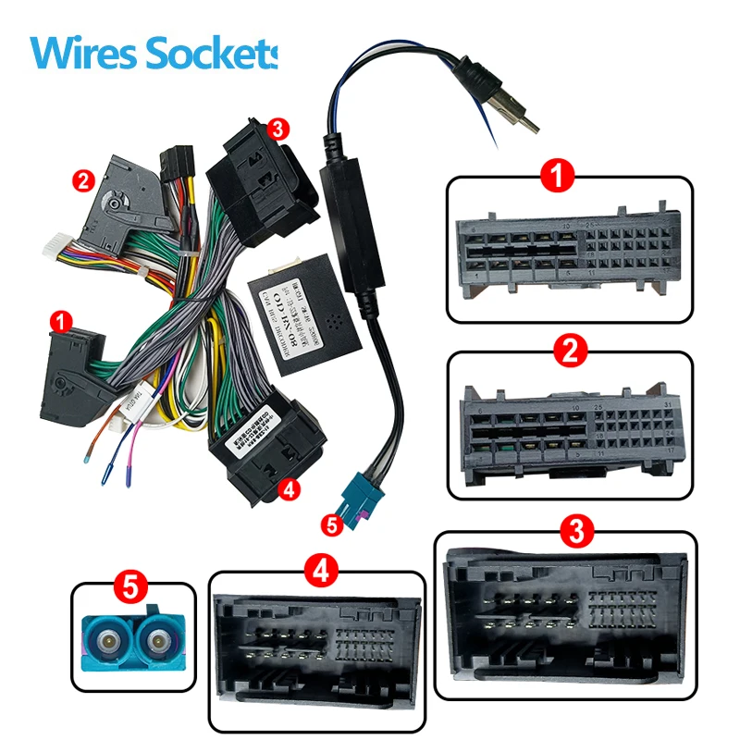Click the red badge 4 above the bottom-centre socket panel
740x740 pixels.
tap(317, 571)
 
